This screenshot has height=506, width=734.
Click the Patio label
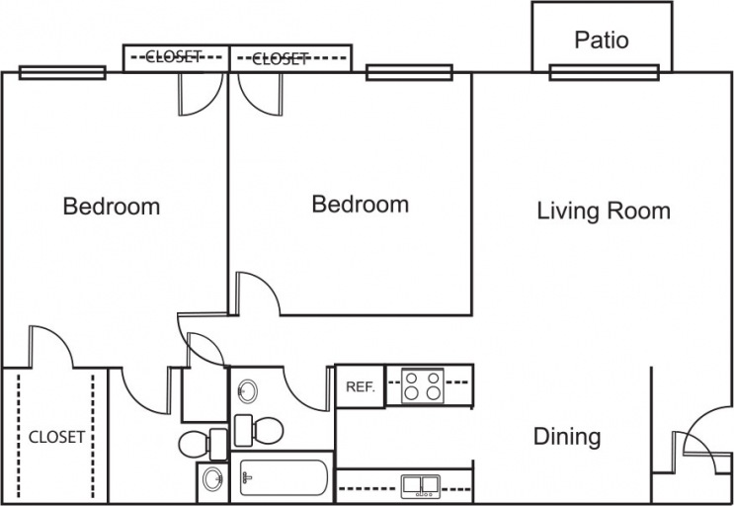(602, 41)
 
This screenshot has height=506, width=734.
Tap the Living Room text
(604, 211)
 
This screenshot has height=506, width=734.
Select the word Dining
(567, 436)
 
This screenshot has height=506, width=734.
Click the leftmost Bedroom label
(112, 207)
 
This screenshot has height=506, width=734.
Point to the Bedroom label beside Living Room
(360, 205)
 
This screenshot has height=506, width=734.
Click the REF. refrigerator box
(360, 386)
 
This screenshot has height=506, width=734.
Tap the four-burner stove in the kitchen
(422, 384)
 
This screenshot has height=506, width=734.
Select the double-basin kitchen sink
(421, 484)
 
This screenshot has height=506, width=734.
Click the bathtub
(285, 482)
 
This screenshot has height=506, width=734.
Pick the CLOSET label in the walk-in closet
(55, 436)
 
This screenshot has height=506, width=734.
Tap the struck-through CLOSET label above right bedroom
(281, 58)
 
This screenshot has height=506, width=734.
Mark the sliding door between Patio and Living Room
(603, 71)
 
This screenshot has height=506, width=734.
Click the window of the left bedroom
(62, 72)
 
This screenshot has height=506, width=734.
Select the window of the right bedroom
(408, 72)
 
